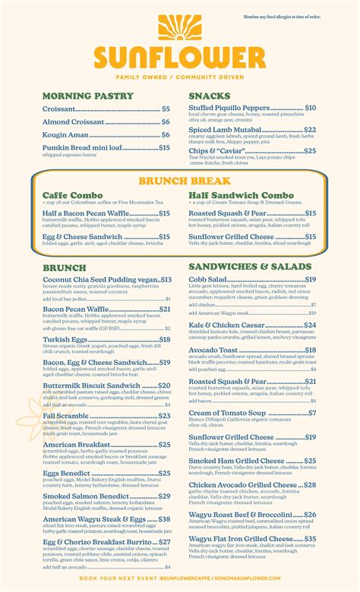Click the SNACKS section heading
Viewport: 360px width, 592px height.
point(210,96)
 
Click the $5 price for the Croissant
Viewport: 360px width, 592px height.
point(166,109)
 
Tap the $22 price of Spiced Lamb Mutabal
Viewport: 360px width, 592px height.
point(310,130)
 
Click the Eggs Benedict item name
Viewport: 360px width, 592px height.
point(68,473)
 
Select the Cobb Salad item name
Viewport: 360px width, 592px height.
point(208,279)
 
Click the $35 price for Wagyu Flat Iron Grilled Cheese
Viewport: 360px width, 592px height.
point(310,539)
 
